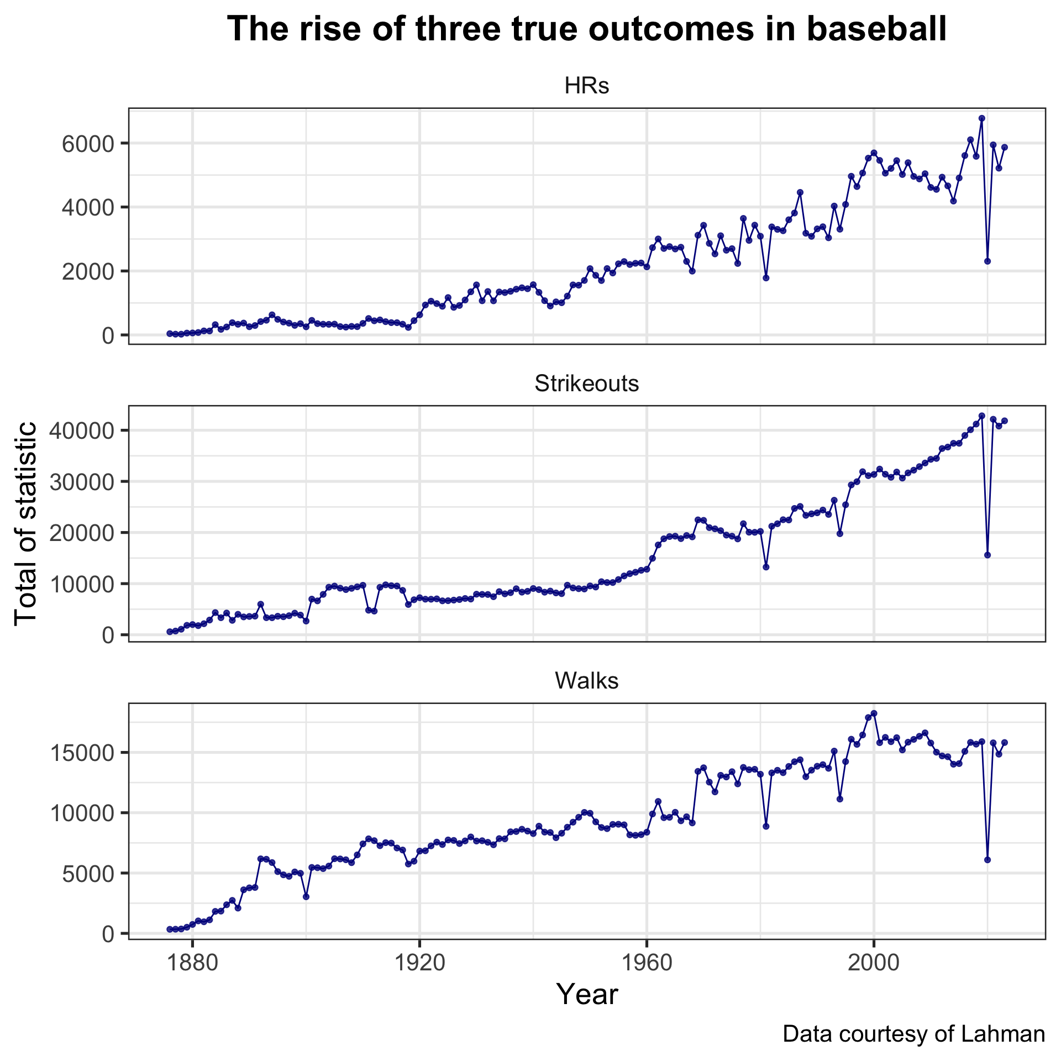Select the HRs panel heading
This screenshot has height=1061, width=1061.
click(587, 87)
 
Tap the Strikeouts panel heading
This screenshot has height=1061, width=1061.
click(587, 384)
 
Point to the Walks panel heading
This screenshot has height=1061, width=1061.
click(587, 681)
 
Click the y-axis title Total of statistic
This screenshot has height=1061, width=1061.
click(26, 523)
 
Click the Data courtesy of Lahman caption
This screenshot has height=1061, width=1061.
click(913, 1034)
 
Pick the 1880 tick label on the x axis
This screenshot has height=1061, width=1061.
click(192, 963)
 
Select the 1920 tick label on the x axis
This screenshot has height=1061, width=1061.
click(419, 963)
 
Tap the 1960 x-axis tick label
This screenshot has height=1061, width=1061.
click(647, 963)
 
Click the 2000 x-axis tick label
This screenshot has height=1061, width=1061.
click(874, 963)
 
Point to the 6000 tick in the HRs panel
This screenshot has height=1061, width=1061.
click(88, 144)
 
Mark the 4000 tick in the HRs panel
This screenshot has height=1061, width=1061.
click(88, 208)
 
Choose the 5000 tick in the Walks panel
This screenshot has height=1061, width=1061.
click(88, 874)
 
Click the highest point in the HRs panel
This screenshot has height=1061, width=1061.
click(981, 118)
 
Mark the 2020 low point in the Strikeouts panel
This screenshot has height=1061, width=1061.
click(988, 555)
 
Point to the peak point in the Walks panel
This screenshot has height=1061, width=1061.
click(874, 713)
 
